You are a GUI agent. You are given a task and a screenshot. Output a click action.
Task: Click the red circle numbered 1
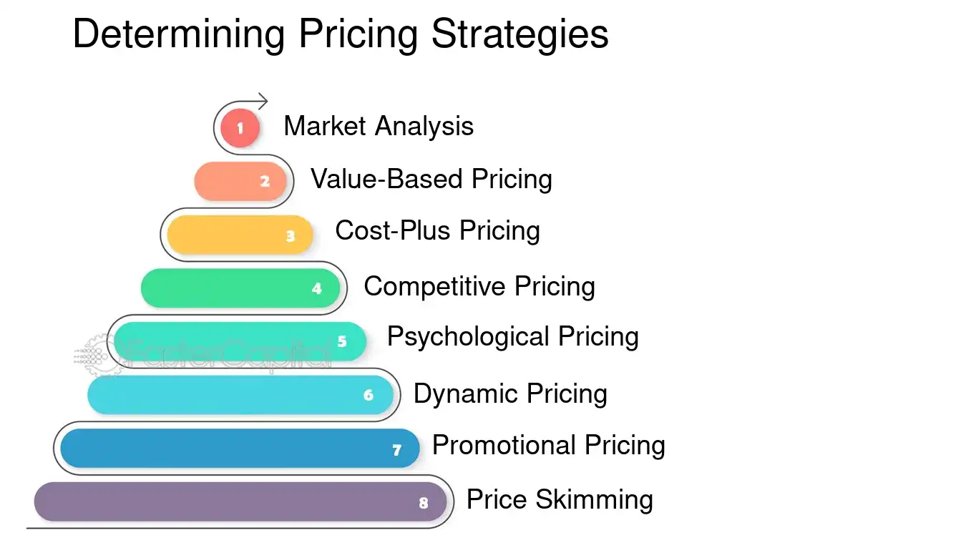coord(240,127)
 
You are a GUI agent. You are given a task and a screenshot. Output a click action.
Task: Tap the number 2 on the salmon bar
coord(265,181)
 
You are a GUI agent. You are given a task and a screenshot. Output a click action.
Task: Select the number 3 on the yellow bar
coord(291,236)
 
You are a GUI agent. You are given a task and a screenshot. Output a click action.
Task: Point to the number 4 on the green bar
coord(317,288)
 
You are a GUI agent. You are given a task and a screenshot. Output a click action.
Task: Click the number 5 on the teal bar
coord(342,341)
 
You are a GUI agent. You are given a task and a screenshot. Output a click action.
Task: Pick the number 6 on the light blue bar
coord(369,395)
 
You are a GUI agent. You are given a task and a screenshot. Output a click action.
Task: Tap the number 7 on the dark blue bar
coord(396,450)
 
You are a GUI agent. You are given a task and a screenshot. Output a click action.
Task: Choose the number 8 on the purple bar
coord(424,503)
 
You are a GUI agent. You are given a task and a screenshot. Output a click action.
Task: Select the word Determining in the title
coord(179,34)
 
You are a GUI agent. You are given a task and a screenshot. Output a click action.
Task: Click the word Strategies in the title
coord(519,34)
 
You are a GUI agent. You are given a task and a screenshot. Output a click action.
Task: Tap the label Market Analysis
coord(379,127)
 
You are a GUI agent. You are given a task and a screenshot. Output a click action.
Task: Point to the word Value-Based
coord(386,179)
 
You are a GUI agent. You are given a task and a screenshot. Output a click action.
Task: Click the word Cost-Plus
coord(392,230)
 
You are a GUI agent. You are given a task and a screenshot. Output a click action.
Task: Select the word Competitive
coord(434,286)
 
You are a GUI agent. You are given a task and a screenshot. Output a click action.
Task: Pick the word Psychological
coord(468,337)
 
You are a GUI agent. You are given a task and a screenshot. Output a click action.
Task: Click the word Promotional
coord(504,445)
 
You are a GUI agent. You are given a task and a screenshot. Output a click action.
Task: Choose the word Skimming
coord(594,500)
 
